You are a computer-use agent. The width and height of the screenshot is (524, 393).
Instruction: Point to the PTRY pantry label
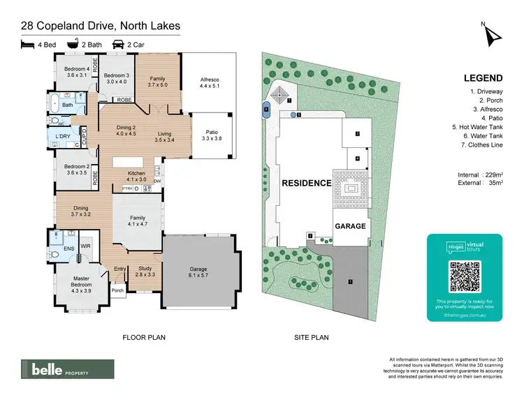point(127,188)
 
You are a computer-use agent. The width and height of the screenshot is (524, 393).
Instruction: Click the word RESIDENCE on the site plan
point(306,183)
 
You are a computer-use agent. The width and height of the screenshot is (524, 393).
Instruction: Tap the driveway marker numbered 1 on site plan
point(351,282)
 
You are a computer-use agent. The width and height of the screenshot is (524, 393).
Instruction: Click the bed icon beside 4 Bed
point(27,44)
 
